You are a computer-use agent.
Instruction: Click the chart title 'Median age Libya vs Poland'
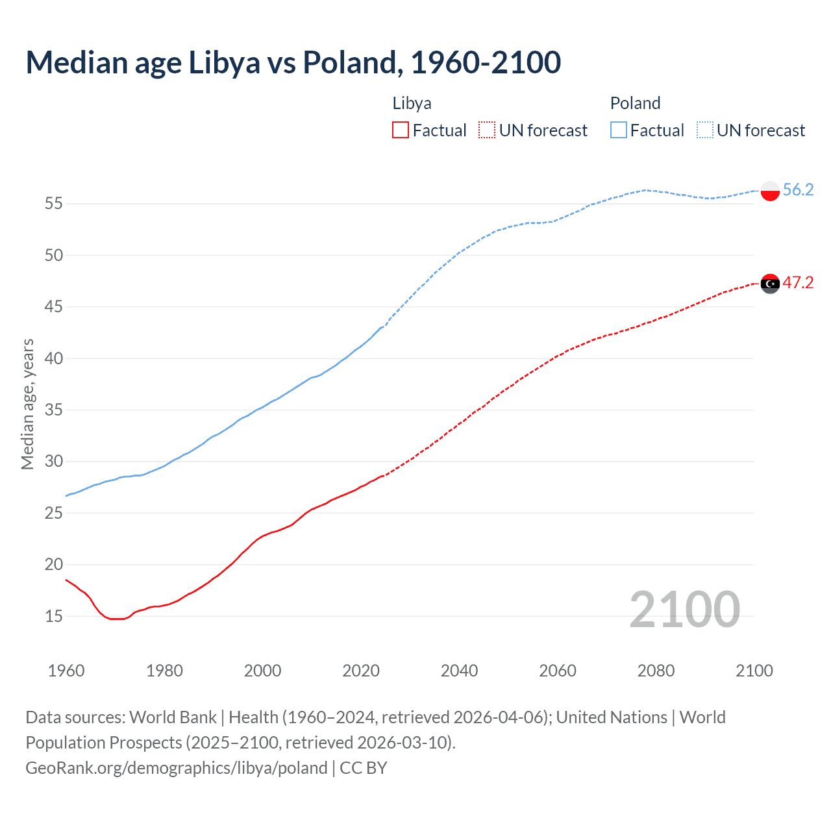click(x=293, y=62)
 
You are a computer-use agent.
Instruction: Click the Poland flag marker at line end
click(x=769, y=190)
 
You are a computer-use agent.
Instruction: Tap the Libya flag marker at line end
click(x=769, y=284)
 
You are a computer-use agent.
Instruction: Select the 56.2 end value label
click(x=798, y=190)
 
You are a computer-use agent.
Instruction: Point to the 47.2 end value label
click(x=798, y=283)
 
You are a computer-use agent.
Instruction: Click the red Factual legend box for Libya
click(x=401, y=130)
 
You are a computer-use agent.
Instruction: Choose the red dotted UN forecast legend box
click(x=487, y=130)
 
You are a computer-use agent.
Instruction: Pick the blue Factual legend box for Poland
click(x=619, y=130)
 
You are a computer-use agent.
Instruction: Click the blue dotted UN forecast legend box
click(x=705, y=130)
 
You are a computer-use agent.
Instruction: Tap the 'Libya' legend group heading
click(x=412, y=103)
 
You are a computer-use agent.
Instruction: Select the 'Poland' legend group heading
click(x=635, y=103)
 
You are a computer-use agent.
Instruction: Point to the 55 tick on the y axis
click(x=53, y=204)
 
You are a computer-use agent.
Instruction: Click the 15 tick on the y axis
click(x=53, y=616)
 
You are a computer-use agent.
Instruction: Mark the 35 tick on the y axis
click(x=53, y=410)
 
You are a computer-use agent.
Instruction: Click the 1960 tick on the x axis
click(x=66, y=671)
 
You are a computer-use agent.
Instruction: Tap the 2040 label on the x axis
click(x=459, y=671)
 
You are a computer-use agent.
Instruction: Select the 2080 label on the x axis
click(x=656, y=671)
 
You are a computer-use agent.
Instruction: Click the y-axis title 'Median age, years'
click(x=27, y=404)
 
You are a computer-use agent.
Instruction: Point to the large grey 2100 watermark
click(x=684, y=609)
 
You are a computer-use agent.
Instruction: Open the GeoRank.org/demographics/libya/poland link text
click(x=176, y=768)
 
